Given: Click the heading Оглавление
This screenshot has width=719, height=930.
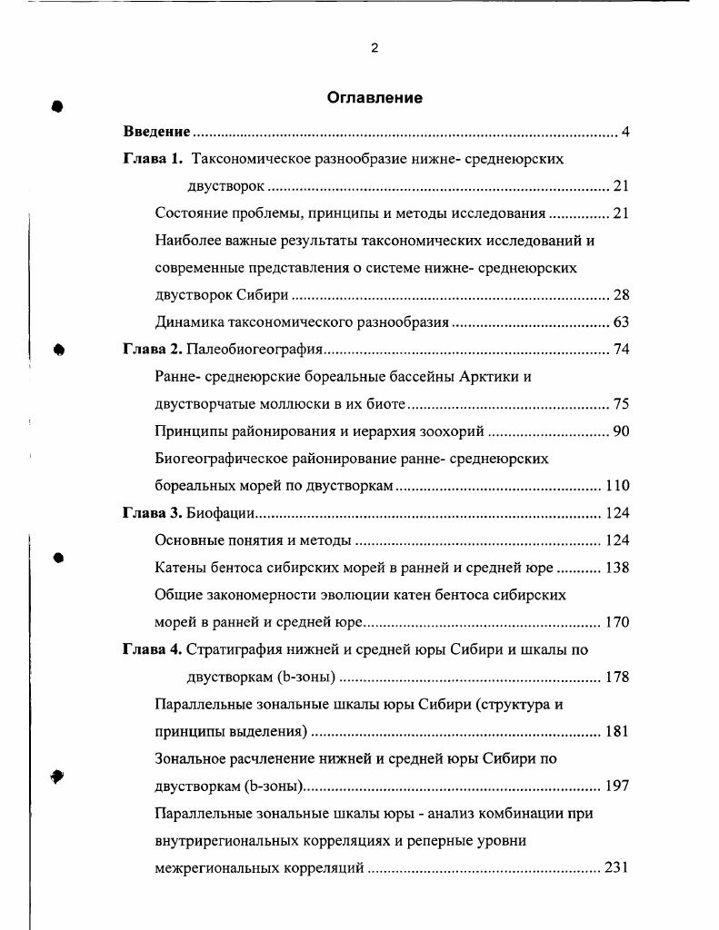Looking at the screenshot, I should [x=374, y=98].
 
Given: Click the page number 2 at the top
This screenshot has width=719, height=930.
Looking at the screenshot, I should [x=374, y=48].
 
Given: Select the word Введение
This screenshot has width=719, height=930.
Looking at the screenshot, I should [x=156, y=132].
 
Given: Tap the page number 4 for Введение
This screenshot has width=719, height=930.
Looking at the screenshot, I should [x=625, y=132].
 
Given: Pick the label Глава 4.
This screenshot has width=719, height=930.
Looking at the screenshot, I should [x=153, y=649].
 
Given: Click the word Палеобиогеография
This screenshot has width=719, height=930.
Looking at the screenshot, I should [x=255, y=350].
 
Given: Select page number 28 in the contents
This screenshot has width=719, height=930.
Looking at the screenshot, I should [x=621, y=295].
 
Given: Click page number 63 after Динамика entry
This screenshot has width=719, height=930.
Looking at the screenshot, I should [x=621, y=322].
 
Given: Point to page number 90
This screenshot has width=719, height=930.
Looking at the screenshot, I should [x=621, y=431].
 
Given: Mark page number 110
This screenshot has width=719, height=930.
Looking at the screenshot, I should [x=617, y=486].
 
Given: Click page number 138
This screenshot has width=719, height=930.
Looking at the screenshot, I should [x=617, y=568].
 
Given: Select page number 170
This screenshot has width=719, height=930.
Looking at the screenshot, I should [x=617, y=622].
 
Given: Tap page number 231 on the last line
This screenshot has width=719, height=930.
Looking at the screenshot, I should [x=617, y=867].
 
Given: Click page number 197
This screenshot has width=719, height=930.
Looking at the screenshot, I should [x=617, y=786].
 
